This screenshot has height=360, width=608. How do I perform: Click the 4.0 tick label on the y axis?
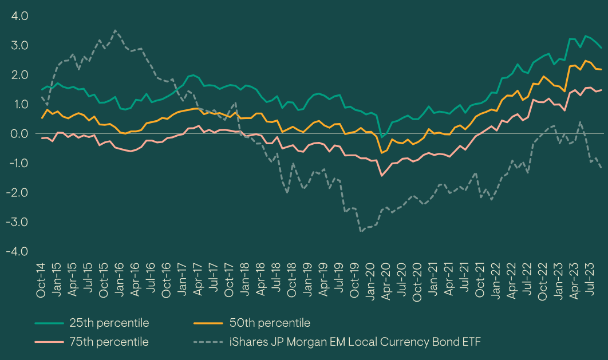20,15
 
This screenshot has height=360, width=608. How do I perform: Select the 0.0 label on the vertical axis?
20,133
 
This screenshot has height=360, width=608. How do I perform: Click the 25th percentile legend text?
108,323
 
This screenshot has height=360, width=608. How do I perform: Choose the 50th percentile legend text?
269,323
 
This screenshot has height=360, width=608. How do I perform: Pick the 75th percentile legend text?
108,342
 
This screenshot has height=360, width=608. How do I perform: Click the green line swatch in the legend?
48,323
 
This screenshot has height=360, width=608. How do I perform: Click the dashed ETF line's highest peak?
116,30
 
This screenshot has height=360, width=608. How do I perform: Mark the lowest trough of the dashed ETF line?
361,231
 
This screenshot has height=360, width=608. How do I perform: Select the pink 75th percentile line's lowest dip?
382,175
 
